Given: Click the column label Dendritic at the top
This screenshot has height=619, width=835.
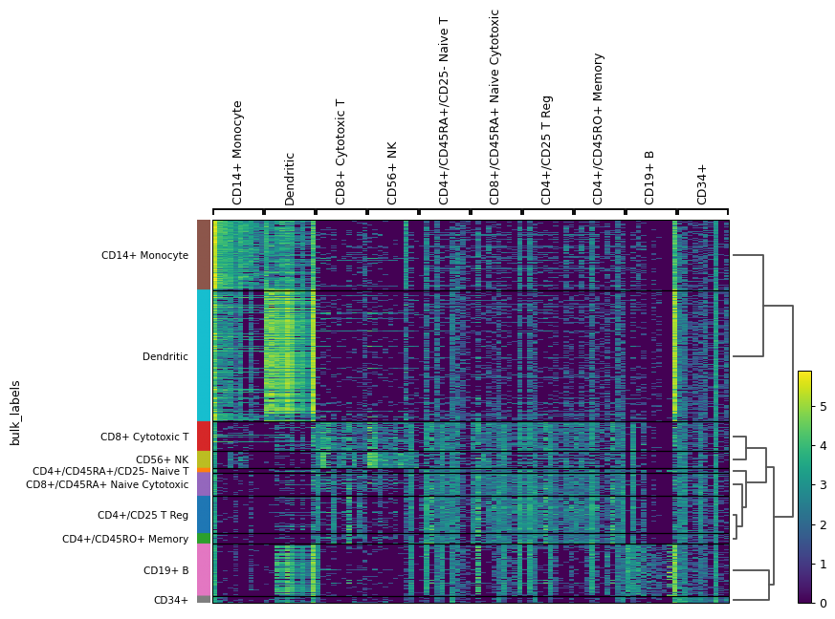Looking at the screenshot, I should tap(290, 179).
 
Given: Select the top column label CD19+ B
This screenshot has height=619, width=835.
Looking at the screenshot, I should tap(650, 178).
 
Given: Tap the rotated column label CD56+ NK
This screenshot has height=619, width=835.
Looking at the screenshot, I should tap(392, 173).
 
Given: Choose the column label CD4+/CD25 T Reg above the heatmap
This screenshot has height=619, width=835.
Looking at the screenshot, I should tap(547, 150).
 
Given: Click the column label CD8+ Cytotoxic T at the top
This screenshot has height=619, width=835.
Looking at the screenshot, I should tap(341, 152).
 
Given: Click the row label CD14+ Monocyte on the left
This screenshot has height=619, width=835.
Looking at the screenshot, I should tap(144, 255).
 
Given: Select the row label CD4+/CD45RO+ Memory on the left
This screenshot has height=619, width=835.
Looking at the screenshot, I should tap(125, 539).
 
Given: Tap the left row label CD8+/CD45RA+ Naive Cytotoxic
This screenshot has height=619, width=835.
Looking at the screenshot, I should tap(107, 484).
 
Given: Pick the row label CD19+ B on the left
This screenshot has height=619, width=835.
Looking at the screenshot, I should tap(165, 570).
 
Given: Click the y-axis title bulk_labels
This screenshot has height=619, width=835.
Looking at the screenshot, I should tap(15, 413).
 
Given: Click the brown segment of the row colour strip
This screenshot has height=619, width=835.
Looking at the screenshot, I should tap(204, 255).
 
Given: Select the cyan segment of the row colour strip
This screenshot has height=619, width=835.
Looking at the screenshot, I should tap(204, 355).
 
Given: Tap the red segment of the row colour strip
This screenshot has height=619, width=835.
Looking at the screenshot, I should tap(204, 436).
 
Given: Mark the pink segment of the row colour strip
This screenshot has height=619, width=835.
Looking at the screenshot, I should tap(204, 569).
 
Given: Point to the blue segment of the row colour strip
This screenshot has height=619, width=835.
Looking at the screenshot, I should tap(204, 514).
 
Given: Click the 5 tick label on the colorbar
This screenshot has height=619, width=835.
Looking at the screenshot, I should tap(824, 406).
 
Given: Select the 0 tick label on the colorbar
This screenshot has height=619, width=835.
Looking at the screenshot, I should tap(824, 603).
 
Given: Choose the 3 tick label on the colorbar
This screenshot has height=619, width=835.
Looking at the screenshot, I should tap(824, 485).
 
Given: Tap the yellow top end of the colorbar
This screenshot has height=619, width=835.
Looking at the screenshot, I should tap(804, 374).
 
